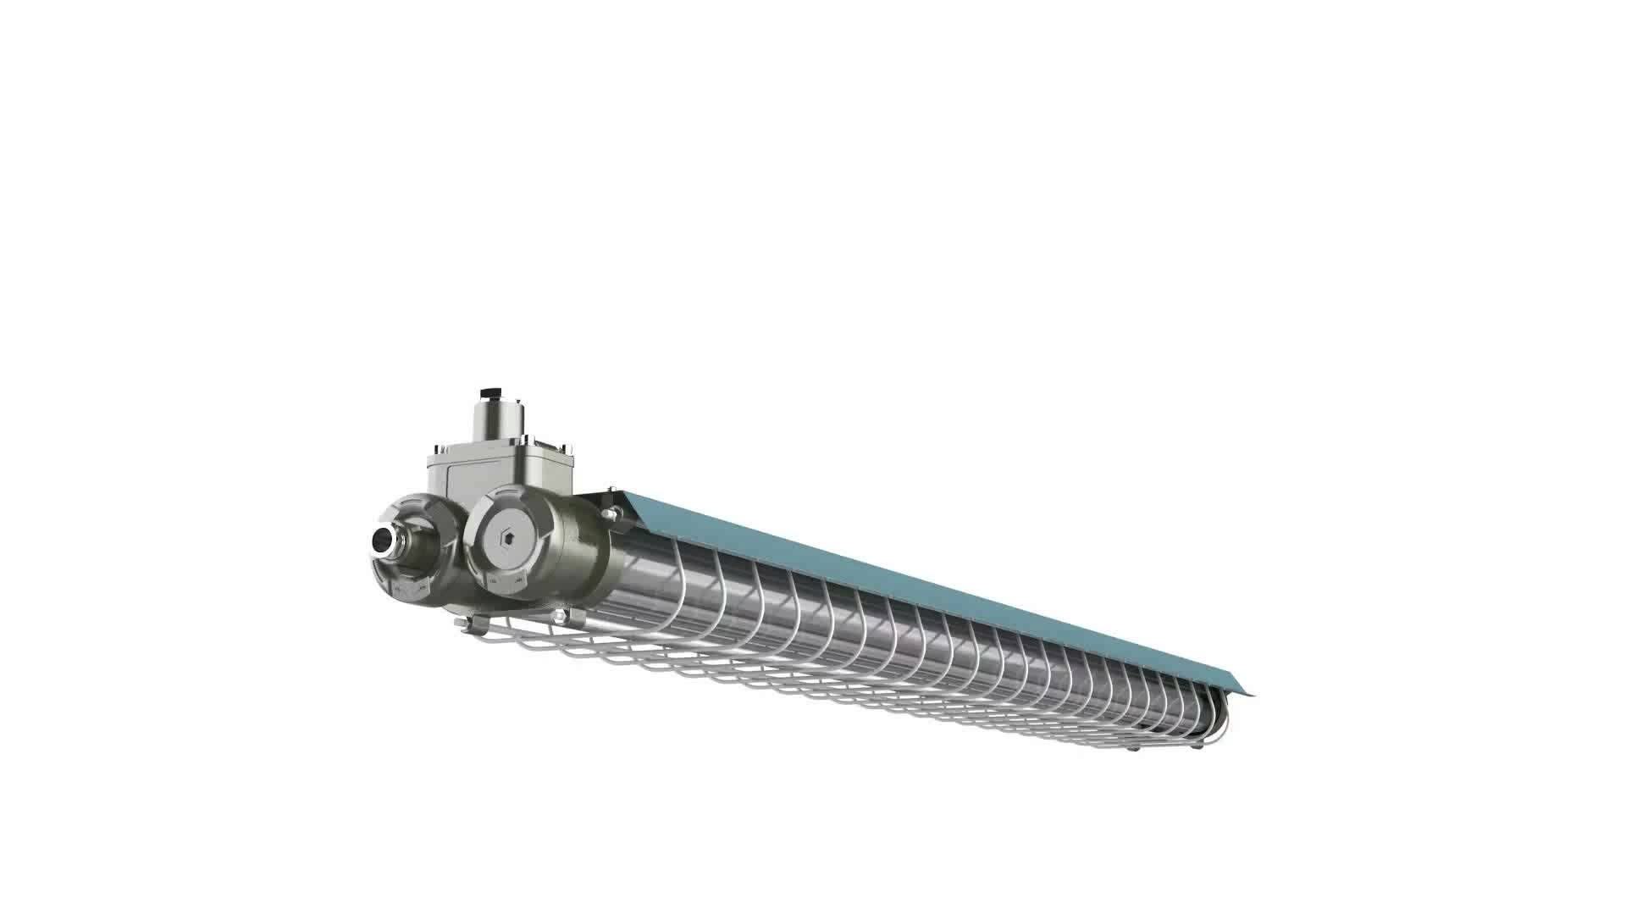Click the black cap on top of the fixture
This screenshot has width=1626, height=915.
[x=489, y=392]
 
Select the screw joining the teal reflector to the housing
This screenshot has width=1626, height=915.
[x=606, y=513]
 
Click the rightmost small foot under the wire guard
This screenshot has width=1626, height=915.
[x=1197, y=746]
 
